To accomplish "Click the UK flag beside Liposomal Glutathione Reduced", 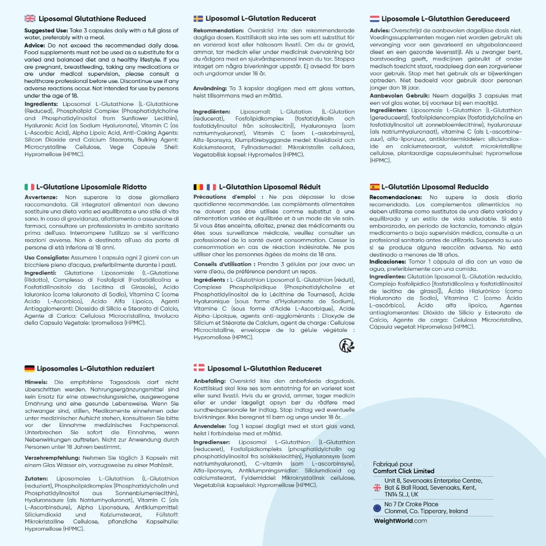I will click(30, 19).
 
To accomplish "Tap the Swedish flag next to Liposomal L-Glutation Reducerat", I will click(198, 19).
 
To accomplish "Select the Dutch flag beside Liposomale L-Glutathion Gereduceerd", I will click(375, 19).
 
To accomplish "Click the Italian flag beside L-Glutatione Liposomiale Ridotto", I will click(29, 187).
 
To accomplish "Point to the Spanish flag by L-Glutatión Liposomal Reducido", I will click(375, 187).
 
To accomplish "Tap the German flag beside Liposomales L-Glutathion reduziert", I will click(30, 369).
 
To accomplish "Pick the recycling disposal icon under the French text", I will click(346, 345).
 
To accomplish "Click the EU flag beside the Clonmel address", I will click(377, 508).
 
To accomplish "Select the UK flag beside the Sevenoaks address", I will click(377, 488).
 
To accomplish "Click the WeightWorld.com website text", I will click(400, 521).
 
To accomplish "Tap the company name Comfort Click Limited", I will click(403, 471).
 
